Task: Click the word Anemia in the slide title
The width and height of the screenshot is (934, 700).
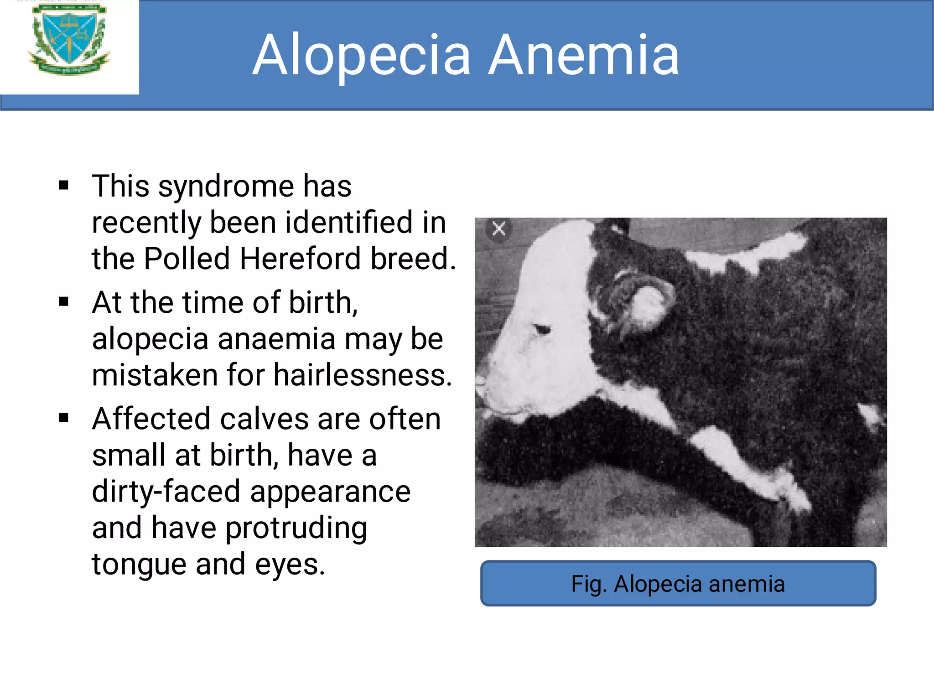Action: click(x=584, y=56)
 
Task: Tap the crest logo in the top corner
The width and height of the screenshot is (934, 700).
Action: click(x=69, y=40)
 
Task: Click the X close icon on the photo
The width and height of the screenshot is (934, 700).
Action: click(x=499, y=228)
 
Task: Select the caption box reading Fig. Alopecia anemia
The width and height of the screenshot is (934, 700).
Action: click(x=678, y=583)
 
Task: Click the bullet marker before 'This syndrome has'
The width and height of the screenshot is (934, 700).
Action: click(x=63, y=186)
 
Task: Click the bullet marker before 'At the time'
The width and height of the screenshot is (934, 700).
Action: click(x=63, y=302)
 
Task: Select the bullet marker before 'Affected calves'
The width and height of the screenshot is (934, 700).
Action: click(x=63, y=418)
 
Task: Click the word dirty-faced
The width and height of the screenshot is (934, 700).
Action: click(x=166, y=492)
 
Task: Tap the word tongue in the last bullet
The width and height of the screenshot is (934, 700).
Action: click(x=139, y=565)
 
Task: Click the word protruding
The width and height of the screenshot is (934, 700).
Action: click(x=296, y=528)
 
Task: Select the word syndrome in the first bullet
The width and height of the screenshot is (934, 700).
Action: click(x=226, y=187)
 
